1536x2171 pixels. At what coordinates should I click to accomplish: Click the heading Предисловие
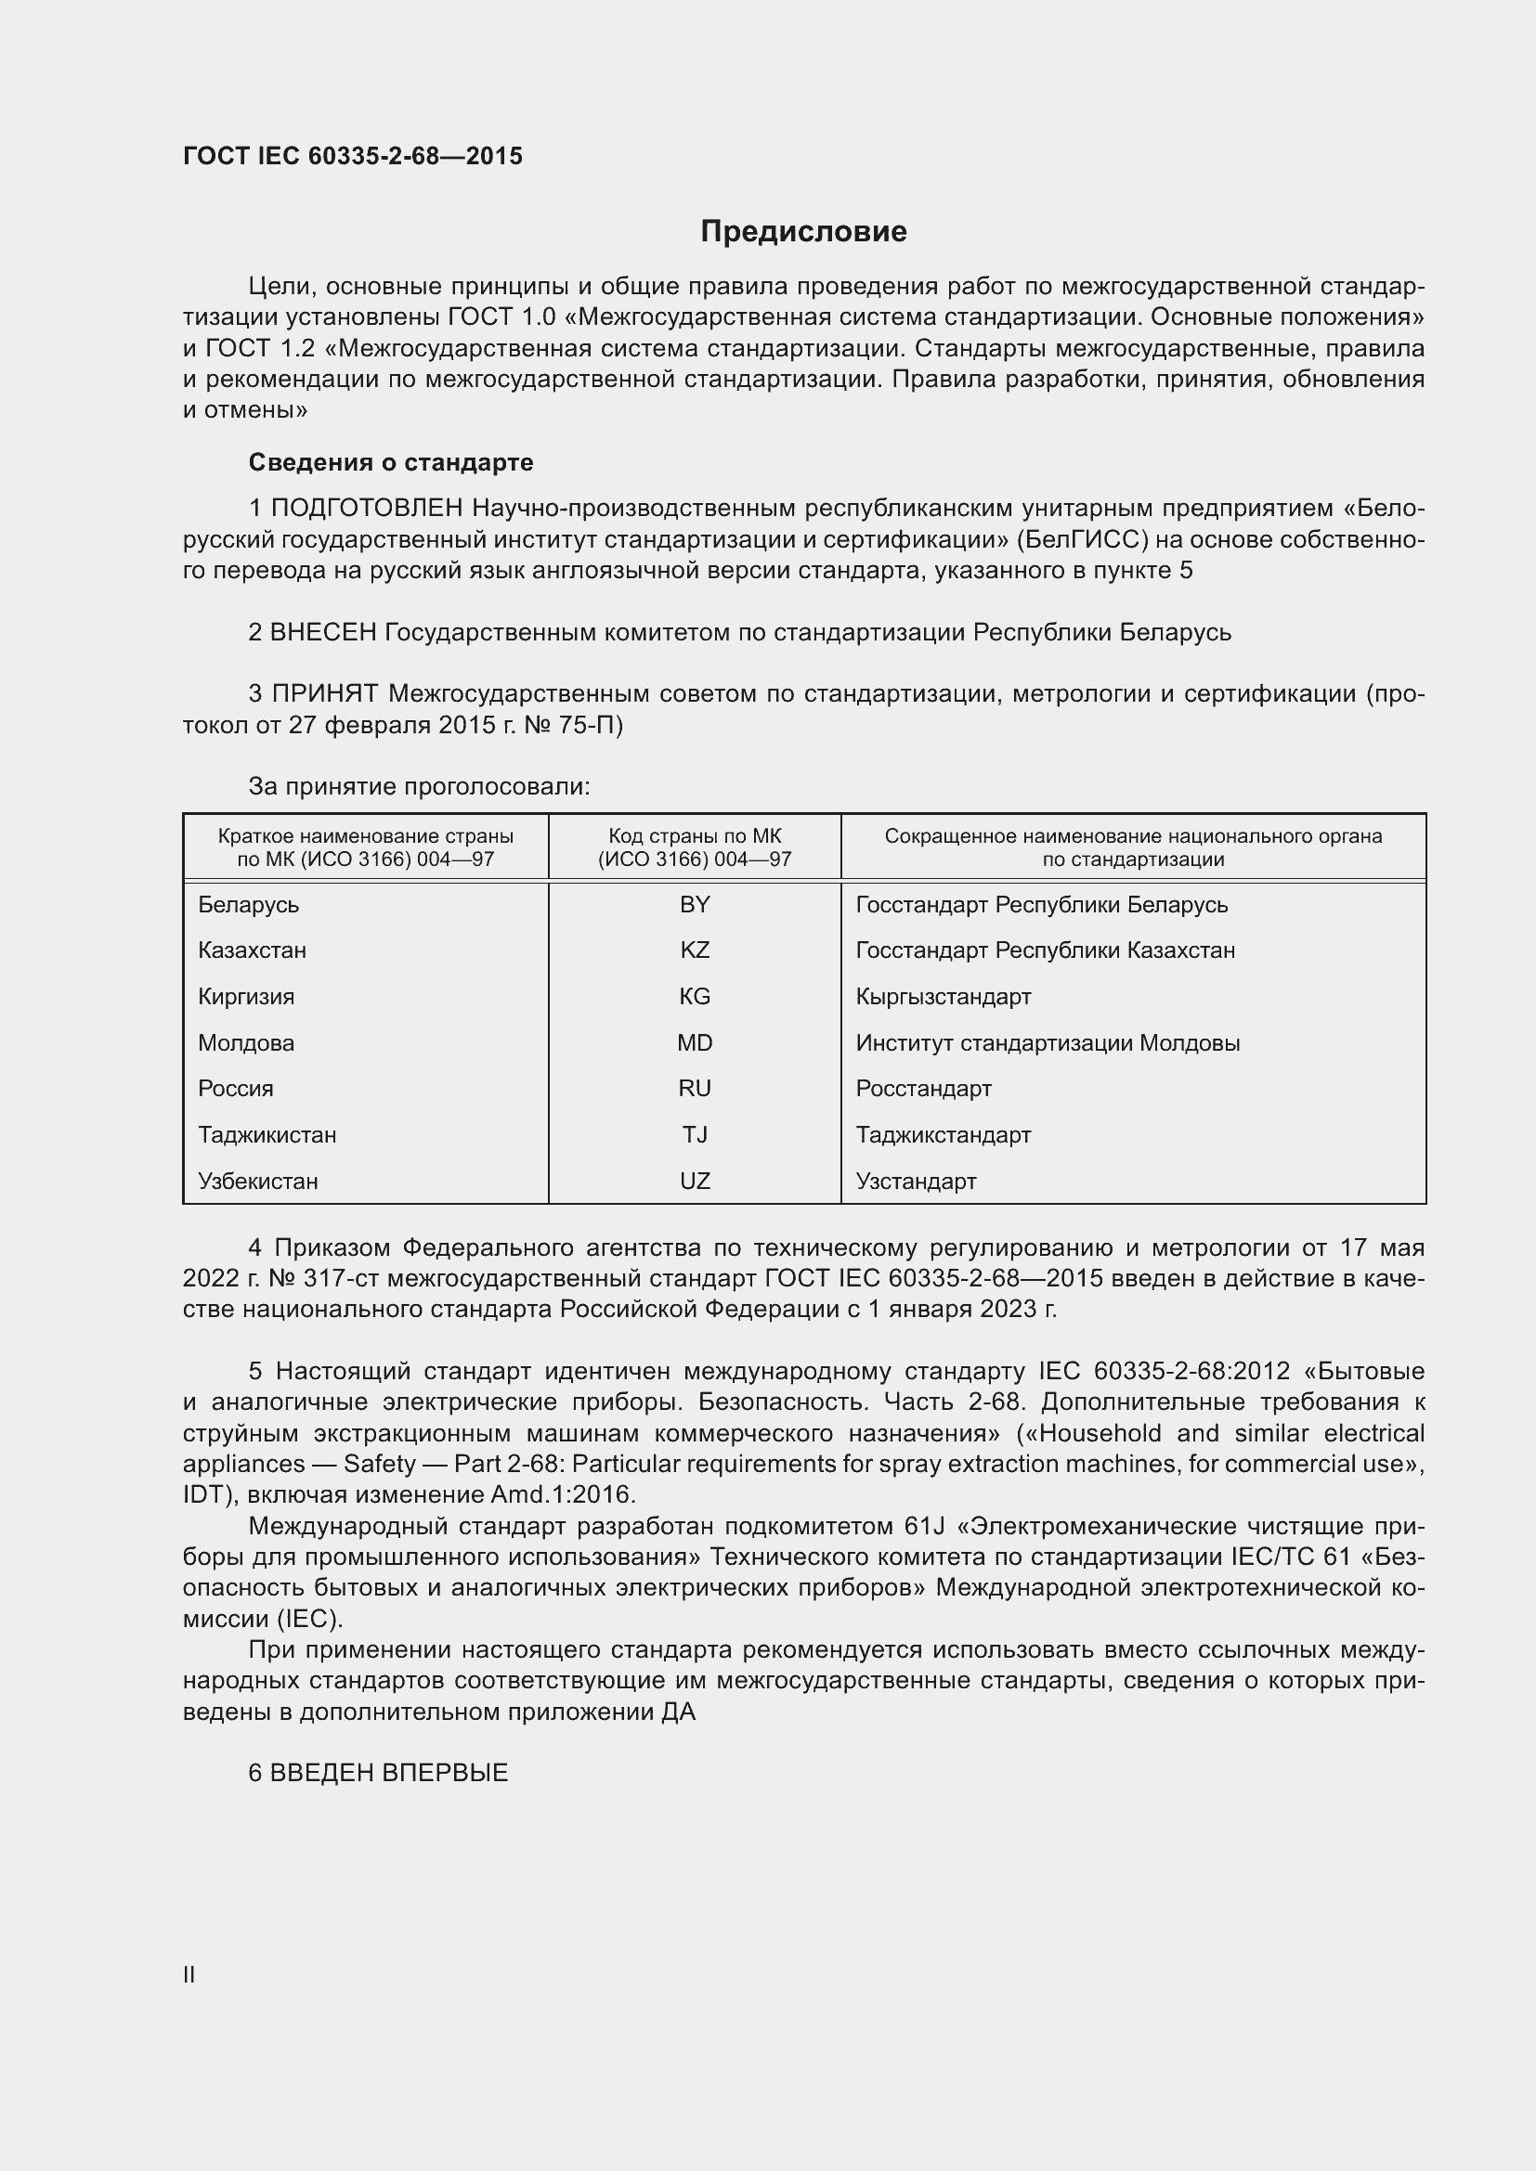(803, 232)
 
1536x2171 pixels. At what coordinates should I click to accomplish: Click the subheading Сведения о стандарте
(391, 462)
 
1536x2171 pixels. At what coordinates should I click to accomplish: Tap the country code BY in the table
(695, 905)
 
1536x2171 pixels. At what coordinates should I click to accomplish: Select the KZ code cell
(695, 950)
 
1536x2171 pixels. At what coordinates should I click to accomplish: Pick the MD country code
(695, 1043)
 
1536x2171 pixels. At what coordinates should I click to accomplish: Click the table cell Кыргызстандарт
(943, 997)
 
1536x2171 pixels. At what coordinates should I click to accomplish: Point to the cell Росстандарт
(923, 1089)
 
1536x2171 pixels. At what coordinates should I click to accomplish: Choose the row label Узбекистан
(257, 1181)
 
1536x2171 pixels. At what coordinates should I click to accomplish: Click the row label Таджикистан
(267, 1134)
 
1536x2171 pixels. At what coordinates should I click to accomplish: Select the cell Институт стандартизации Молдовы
(1047, 1043)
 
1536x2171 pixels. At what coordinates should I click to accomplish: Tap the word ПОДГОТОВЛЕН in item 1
(367, 509)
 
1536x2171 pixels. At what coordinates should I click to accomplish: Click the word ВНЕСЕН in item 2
(323, 632)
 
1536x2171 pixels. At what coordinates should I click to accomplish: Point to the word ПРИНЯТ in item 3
(326, 694)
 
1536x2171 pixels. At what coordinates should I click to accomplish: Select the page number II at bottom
(189, 1974)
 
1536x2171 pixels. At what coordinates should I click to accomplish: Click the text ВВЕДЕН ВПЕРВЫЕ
(389, 1773)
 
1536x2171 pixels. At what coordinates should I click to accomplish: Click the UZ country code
(695, 1181)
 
